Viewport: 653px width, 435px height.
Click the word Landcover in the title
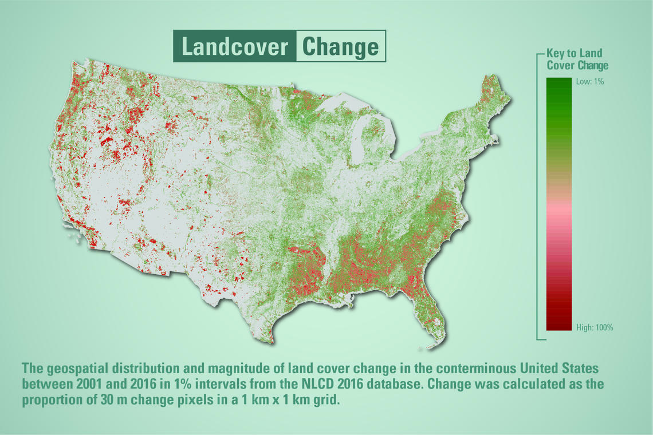point(234,46)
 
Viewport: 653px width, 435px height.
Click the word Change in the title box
point(341,47)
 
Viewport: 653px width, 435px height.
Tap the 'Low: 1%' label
point(589,82)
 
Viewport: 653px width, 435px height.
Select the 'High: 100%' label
point(595,327)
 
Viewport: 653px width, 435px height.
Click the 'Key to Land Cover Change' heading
point(577,59)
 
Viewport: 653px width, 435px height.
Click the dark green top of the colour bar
point(559,83)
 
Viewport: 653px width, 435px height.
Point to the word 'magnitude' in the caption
point(231,369)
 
